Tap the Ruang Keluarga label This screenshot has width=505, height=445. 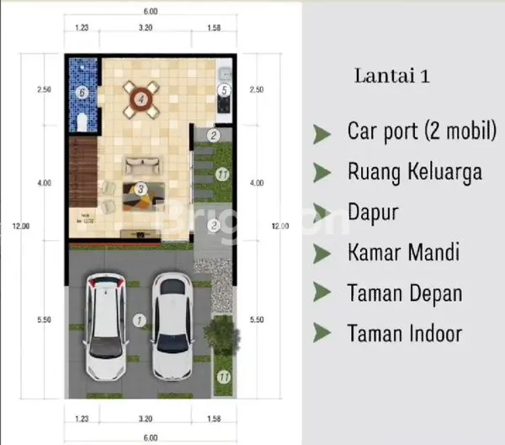pyautogui.click(x=414, y=172)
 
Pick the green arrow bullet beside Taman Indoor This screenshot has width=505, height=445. pyautogui.click(x=322, y=334)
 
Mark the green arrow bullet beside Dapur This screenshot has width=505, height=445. pyautogui.click(x=322, y=212)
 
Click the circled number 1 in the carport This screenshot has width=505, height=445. pyautogui.click(x=140, y=320)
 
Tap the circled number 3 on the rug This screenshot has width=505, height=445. pyautogui.click(x=141, y=189)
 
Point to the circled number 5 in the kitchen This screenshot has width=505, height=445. pyautogui.click(x=225, y=90)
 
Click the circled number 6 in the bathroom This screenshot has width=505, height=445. pyautogui.click(x=82, y=91)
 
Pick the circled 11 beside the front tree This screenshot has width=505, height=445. pyautogui.click(x=222, y=378)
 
